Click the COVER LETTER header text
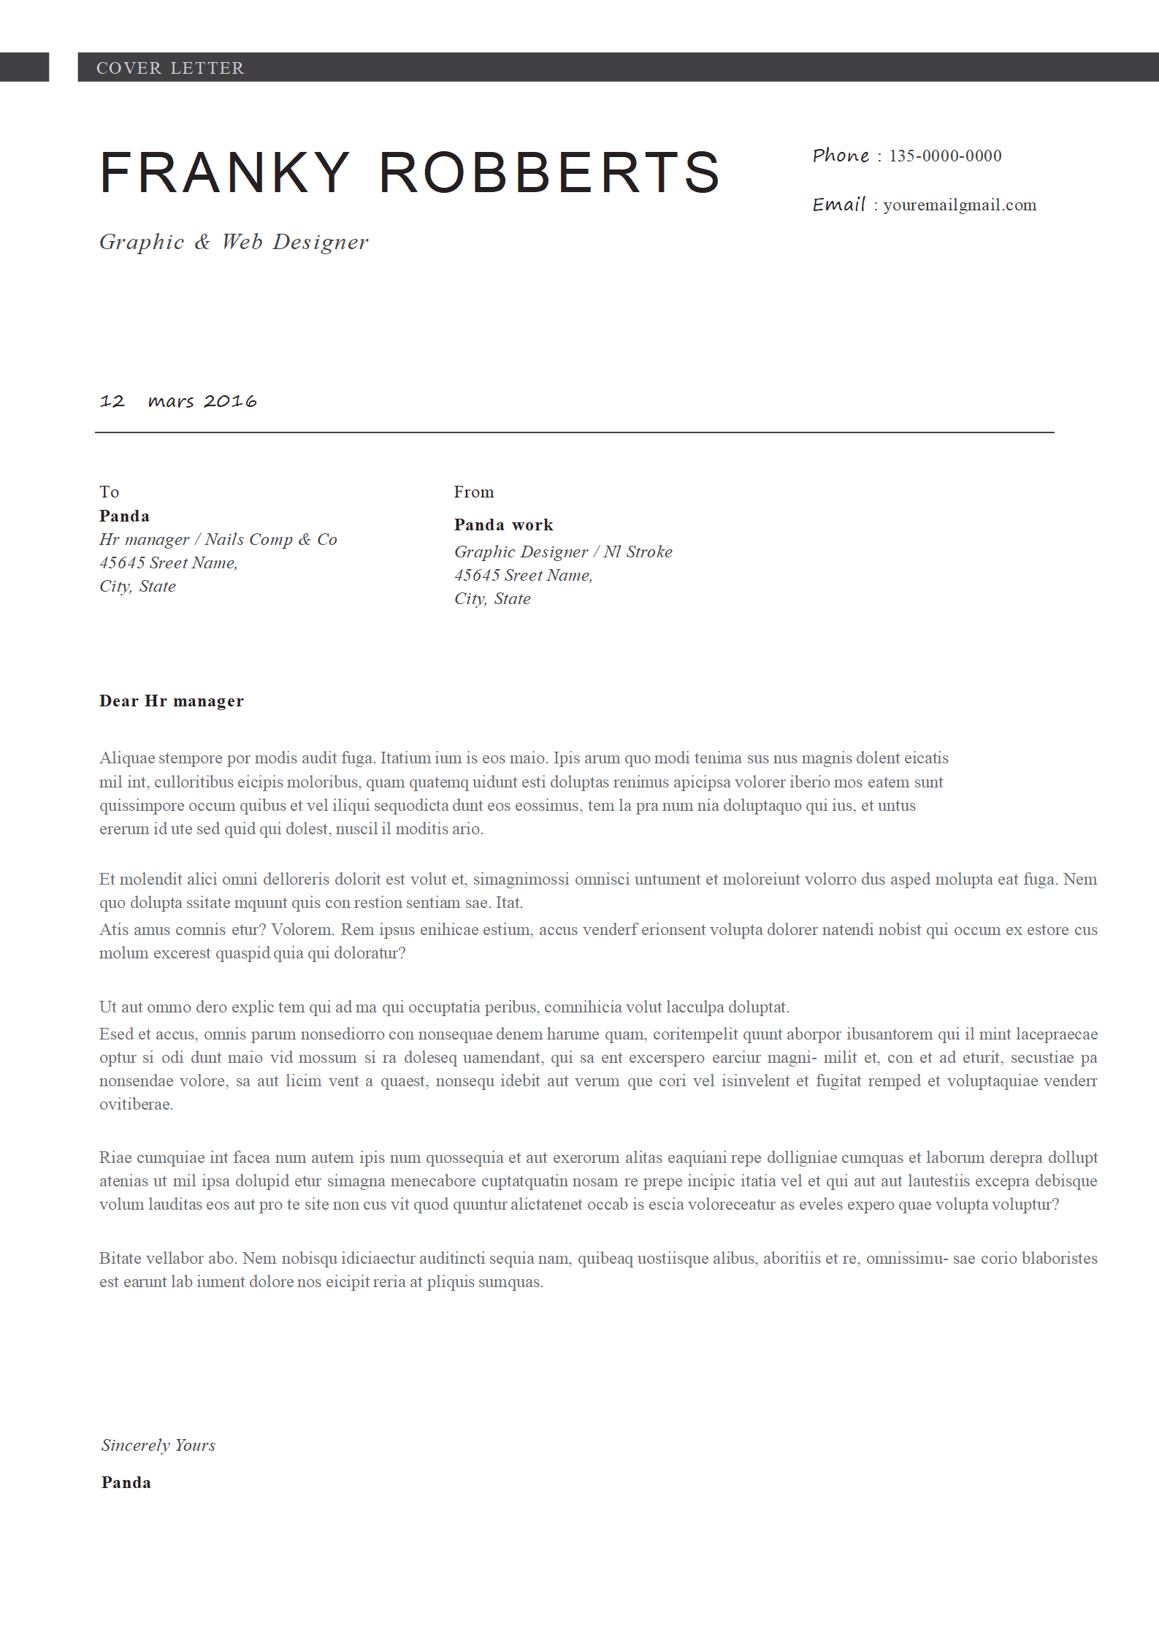(x=170, y=68)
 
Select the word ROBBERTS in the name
(x=549, y=173)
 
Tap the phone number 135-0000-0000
(x=945, y=156)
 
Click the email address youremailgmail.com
(x=960, y=205)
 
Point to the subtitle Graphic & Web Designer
(x=234, y=242)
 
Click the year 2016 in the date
(x=230, y=401)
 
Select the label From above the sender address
(x=474, y=492)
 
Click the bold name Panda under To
(x=124, y=516)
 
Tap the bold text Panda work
(x=503, y=525)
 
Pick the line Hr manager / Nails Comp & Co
(x=218, y=539)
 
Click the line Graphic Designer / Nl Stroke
(x=562, y=552)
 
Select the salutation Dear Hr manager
(x=171, y=701)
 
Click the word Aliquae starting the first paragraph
(x=127, y=758)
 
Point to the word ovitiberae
(x=136, y=1104)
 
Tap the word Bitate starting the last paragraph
(x=121, y=1258)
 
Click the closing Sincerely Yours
(x=158, y=1445)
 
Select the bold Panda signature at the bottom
(x=126, y=1482)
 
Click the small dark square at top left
(x=24, y=67)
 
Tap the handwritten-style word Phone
(x=841, y=156)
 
